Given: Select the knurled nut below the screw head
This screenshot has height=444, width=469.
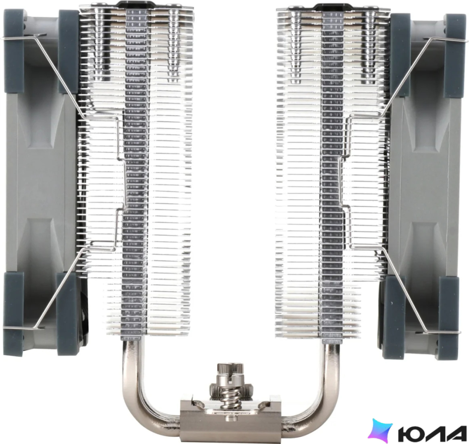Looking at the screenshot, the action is tap(231, 388).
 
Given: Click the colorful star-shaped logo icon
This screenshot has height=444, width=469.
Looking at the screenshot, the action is tap(380, 430).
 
